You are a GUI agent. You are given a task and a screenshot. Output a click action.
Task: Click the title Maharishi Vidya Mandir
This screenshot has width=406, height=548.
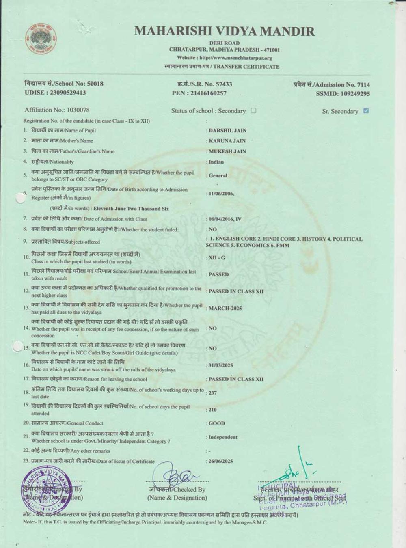pyautogui.click(x=225, y=31)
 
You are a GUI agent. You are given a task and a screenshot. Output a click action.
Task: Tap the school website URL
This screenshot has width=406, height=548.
pyautogui.click(x=225, y=58)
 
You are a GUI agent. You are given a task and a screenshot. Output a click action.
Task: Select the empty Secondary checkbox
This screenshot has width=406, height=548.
pyautogui.click(x=253, y=110)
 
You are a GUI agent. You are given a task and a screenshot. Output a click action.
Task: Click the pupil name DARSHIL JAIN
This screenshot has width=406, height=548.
pyautogui.click(x=227, y=131)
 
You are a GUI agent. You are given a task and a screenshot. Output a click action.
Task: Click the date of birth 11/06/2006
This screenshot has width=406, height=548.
pyautogui.click(x=221, y=194)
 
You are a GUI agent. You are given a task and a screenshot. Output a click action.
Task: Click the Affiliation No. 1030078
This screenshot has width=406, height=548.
pyautogui.click(x=57, y=110)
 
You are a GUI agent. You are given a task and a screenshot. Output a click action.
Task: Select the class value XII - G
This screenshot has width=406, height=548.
pyautogui.click(x=217, y=258)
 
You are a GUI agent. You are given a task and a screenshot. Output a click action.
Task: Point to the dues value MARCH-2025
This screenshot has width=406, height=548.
pyautogui.click(x=225, y=309)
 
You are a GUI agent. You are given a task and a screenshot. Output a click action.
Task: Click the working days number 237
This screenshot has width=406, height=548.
pyautogui.click(x=213, y=393)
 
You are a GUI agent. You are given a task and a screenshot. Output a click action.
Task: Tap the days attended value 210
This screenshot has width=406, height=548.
pyautogui.click(x=213, y=410)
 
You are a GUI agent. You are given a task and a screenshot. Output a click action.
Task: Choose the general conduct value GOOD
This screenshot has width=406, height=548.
pyautogui.click(x=216, y=423)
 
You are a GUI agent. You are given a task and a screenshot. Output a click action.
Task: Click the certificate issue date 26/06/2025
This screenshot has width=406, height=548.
pyautogui.click(x=221, y=462)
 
